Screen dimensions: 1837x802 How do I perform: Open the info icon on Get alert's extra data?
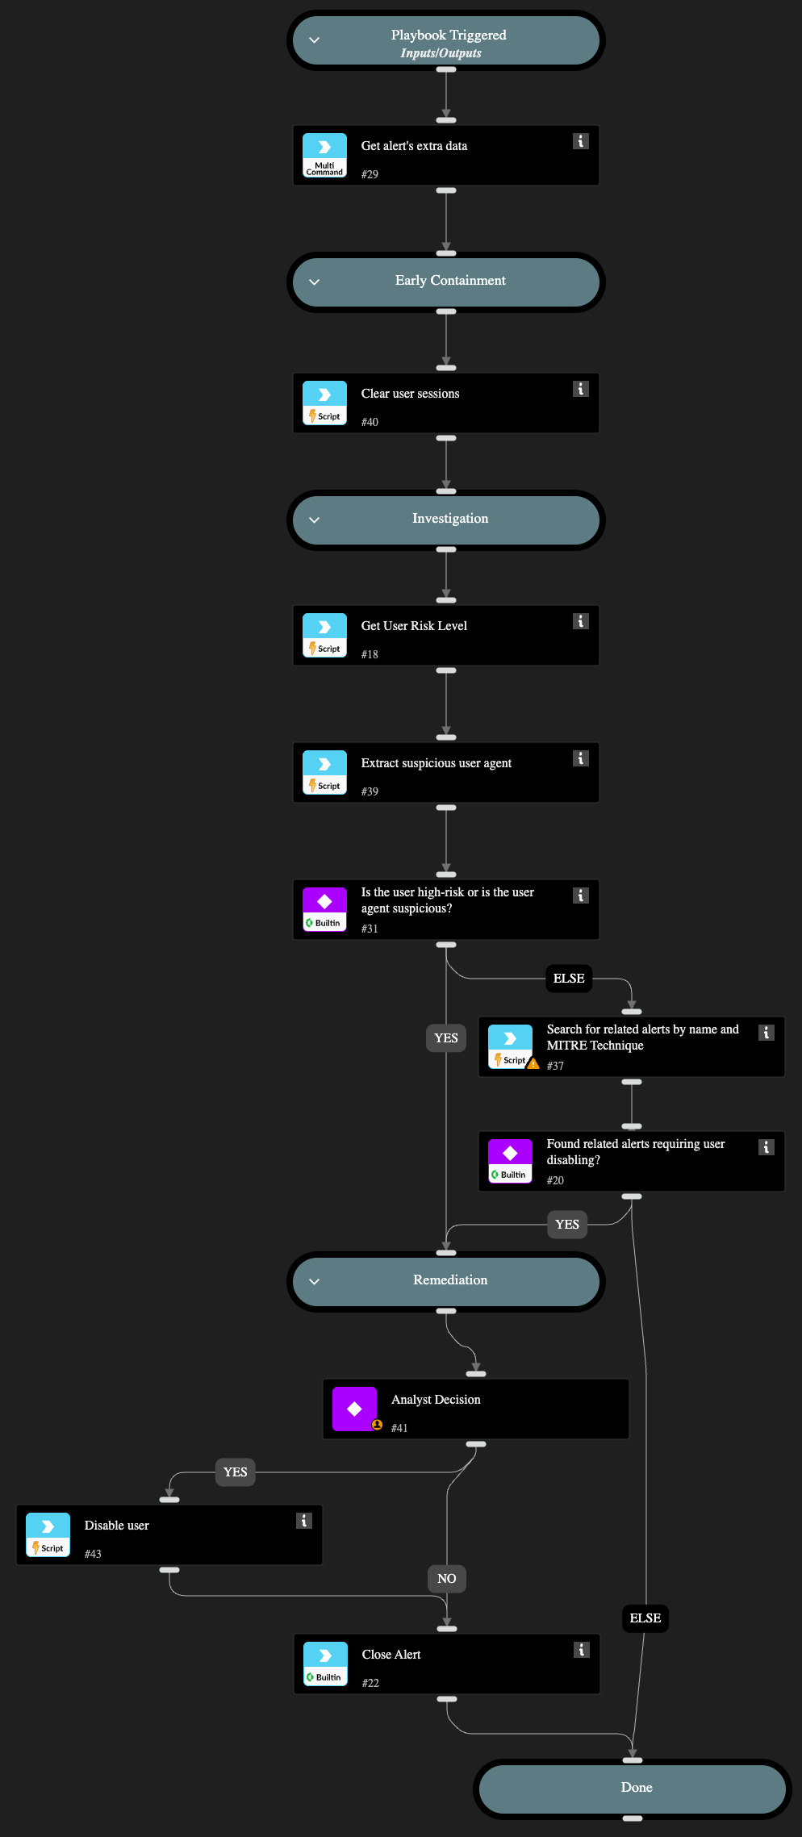click(x=580, y=141)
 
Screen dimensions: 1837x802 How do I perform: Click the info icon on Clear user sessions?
click(x=580, y=389)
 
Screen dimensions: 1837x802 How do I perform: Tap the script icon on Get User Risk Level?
click(x=324, y=636)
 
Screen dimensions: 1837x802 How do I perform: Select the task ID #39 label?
click(x=370, y=791)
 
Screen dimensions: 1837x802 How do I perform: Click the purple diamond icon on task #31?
click(x=324, y=902)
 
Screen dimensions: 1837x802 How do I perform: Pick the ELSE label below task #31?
click(x=569, y=979)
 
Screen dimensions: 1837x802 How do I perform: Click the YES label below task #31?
click(x=446, y=1038)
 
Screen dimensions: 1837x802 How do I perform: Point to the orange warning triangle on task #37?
click(x=533, y=1064)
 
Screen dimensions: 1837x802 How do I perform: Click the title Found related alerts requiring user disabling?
click(x=635, y=1152)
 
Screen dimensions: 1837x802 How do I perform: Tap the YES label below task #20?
click(x=567, y=1225)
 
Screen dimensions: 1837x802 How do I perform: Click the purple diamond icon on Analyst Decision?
click(x=354, y=1409)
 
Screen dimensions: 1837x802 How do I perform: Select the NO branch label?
click(x=447, y=1579)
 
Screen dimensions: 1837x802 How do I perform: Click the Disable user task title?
click(x=117, y=1526)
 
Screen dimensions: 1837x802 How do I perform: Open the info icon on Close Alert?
click(x=581, y=1650)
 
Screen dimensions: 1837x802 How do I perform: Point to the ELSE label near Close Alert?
click(x=645, y=1618)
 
